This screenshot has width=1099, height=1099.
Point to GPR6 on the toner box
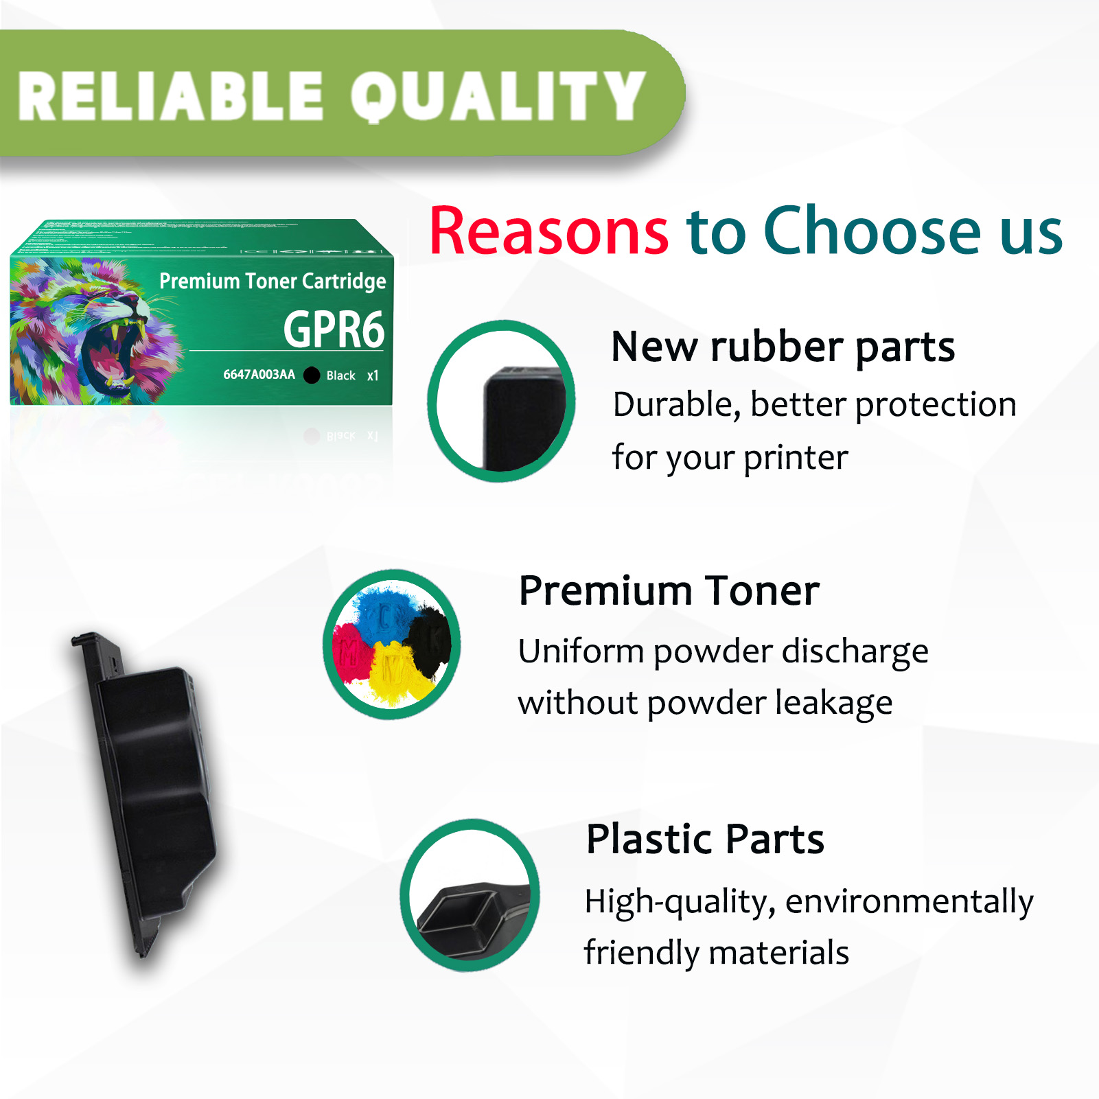coord(334,329)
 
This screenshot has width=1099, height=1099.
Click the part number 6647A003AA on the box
coord(259,375)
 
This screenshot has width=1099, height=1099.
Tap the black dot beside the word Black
coord(312,375)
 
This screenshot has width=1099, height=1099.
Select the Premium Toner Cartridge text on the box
coord(273,281)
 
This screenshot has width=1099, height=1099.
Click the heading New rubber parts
coord(783,347)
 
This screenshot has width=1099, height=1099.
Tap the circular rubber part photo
coord(501,402)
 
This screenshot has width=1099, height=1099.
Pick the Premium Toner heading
coord(669,591)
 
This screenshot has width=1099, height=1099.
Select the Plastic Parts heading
coord(705,839)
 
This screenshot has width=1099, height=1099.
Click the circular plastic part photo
coord(470,896)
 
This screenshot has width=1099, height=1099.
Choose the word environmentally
coord(910,901)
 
